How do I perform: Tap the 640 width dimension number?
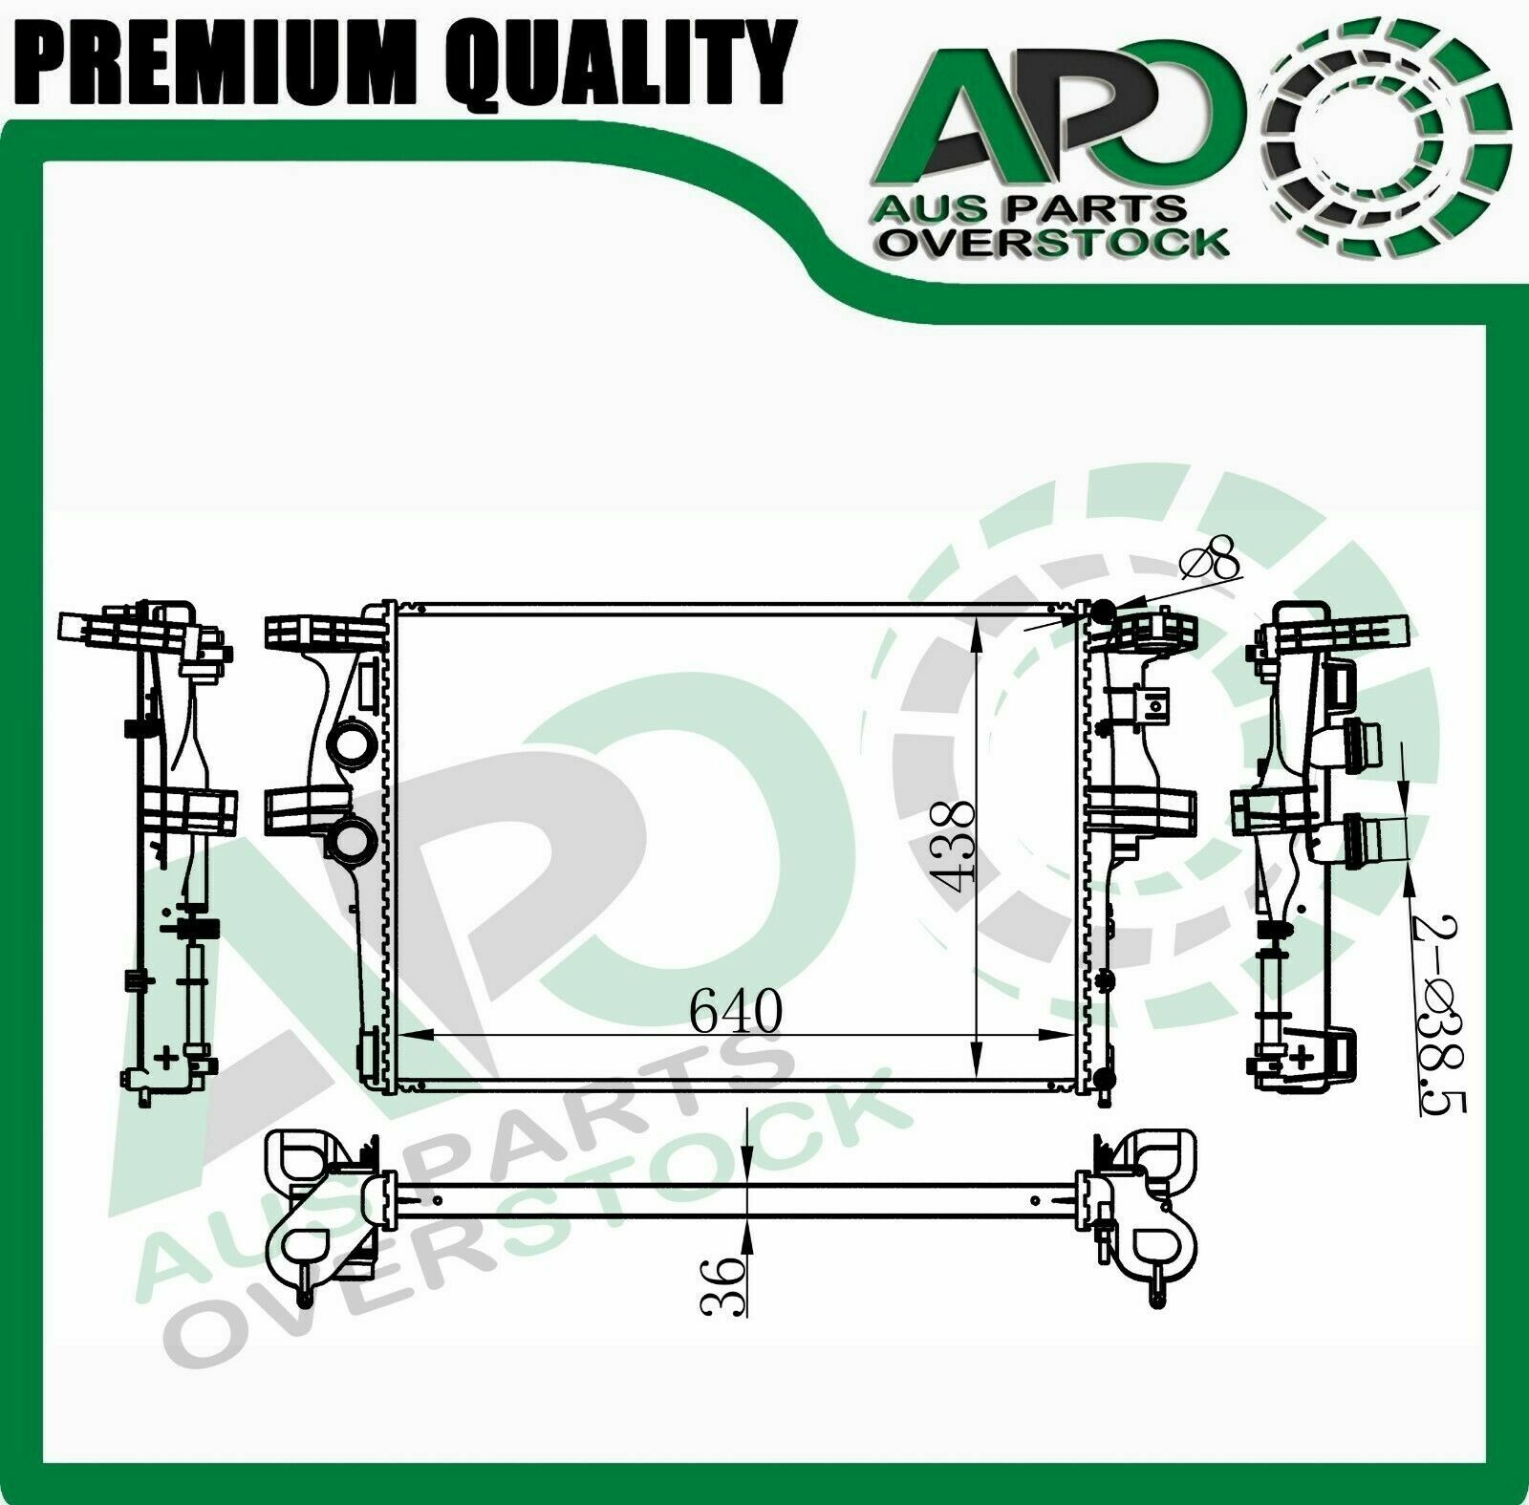[x=736, y=1011]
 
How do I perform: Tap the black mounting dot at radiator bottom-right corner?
[x=1105, y=1078]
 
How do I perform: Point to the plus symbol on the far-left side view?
[x=168, y=1056]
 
